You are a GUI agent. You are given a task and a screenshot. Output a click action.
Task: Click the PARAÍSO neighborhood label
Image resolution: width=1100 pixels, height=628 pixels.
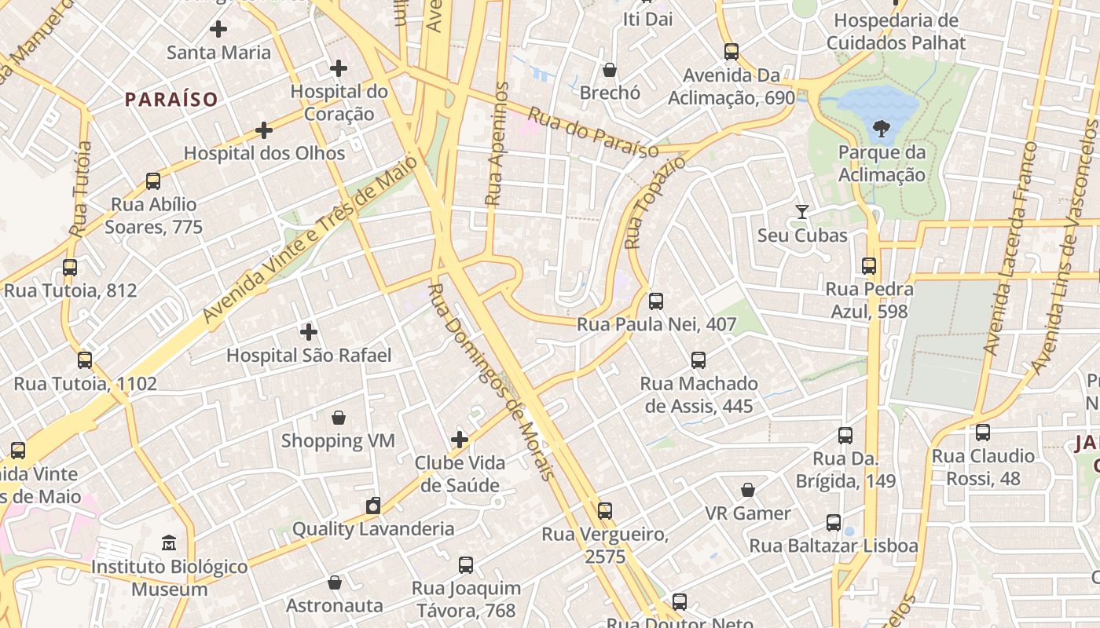point(170,100)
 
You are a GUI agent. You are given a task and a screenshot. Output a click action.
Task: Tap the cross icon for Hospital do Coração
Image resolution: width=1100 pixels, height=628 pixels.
point(339,68)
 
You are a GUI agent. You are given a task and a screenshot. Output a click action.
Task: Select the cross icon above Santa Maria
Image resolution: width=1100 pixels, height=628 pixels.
point(218,30)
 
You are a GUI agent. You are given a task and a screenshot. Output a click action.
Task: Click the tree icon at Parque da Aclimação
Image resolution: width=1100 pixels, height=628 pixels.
point(881,128)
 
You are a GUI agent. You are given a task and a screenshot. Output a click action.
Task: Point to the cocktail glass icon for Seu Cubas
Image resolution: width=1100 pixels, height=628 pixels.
point(801,212)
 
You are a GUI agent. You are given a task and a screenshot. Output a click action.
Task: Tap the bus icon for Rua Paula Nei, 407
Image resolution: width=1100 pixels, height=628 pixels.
point(655,301)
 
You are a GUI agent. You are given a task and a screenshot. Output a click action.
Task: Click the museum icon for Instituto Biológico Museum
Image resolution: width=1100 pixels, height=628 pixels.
point(169,542)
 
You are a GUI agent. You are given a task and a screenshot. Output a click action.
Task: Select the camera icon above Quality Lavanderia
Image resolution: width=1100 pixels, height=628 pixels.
point(373,506)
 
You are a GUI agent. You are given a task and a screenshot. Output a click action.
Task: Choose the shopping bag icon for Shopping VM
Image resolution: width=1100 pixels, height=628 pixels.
point(339,417)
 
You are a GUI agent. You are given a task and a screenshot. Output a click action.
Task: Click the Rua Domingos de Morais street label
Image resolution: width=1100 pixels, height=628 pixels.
point(491,382)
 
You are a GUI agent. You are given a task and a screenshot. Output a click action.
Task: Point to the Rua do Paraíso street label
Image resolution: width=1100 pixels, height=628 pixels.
point(592,133)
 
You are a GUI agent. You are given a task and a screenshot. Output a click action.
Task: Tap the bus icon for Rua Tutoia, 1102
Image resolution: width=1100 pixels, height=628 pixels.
point(85,360)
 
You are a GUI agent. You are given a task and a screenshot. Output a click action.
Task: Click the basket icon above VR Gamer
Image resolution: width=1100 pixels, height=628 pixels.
point(748,490)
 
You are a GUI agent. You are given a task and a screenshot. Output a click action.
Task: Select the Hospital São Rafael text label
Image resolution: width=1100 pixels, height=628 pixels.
point(309,356)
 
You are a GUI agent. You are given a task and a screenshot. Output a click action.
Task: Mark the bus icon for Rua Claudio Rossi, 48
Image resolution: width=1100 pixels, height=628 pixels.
point(982,433)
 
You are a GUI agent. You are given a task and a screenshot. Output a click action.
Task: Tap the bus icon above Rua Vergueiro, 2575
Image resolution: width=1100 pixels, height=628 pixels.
point(604,511)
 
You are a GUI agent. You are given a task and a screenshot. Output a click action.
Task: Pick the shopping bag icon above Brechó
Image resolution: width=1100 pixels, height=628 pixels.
point(610,70)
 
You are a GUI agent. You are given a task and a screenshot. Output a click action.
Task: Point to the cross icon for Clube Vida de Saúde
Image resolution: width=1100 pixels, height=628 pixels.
point(460,440)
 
